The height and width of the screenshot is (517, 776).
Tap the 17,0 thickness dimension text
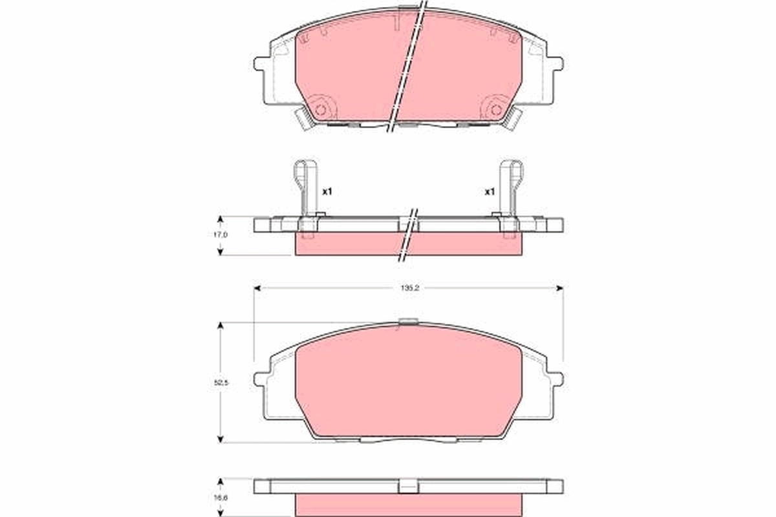click(x=221, y=235)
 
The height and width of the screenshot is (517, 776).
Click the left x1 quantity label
click(x=327, y=192)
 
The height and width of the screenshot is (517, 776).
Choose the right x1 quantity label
click(x=490, y=192)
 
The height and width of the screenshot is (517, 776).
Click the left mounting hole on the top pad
click(x=321, y=109)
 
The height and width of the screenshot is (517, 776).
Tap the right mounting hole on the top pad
click(x=496, y=109)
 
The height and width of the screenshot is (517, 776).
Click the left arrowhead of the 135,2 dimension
click(x=257, y=288)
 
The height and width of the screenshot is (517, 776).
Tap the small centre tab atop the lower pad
click(x=408, y=322)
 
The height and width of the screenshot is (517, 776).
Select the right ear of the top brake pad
click(x=555, y=65)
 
